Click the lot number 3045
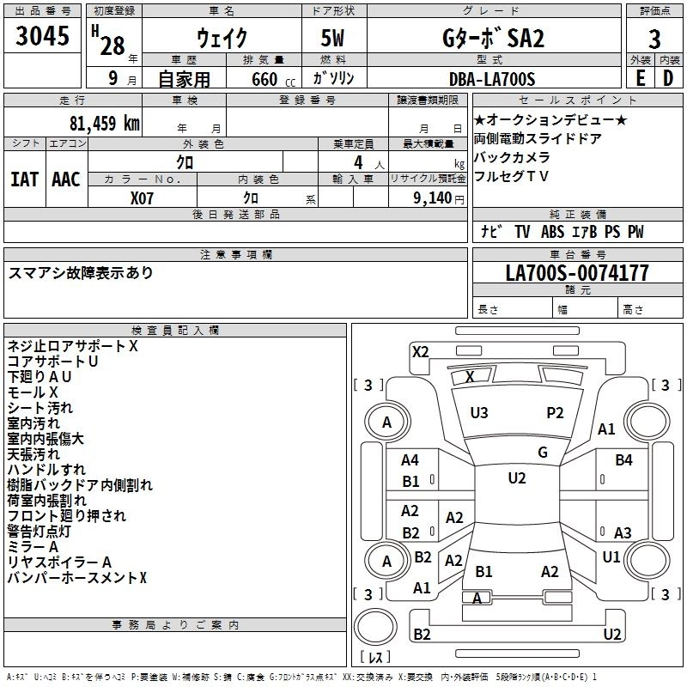click(42, 36)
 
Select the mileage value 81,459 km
click(105, 123)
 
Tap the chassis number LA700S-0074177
click(577, 273)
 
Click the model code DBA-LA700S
click(492, 79)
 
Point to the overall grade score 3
click(654, 40)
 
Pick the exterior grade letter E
click(640, 78)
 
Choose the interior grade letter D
click(668, 78)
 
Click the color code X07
click(142, 198)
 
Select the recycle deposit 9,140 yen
click(439, 198)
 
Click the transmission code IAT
click(24, 179)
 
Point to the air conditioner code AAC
click(66, 179)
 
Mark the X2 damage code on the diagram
click(420, 352)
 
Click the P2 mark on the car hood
click(555, 413)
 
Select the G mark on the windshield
click(543, 453)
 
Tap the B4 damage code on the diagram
click(623, 460)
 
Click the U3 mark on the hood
click(479, 413)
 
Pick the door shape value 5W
click(332, 38)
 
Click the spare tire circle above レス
click(375, 626)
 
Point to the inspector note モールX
click(33, 392)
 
